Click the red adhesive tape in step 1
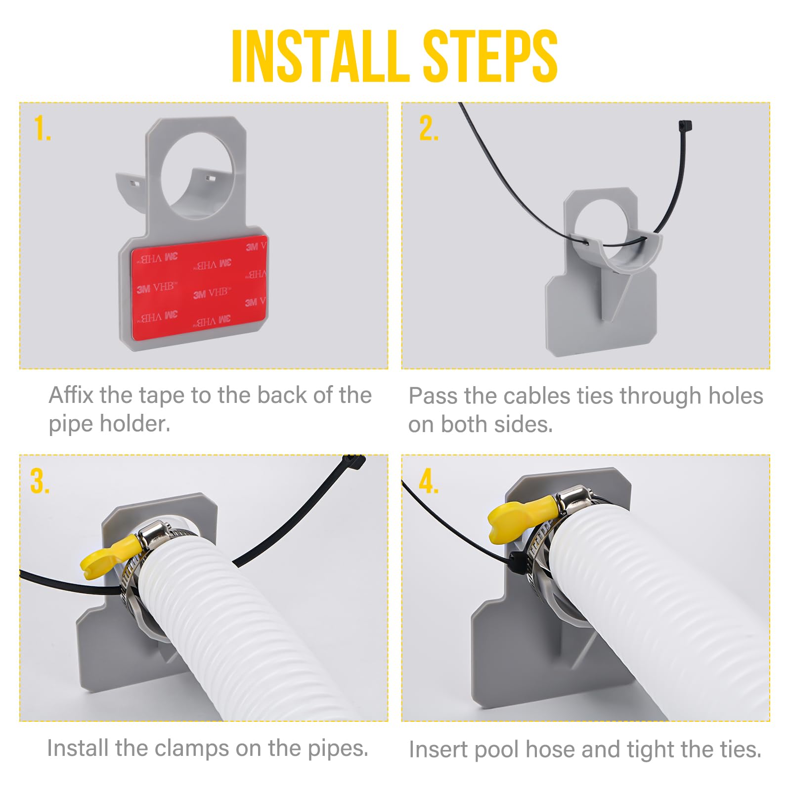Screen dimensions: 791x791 [x=198, y=287]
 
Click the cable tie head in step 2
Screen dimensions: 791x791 [x=685, y=126]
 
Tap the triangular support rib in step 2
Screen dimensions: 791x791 [x=613, y=297]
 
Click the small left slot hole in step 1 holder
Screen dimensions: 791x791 [x=135, y=182]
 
